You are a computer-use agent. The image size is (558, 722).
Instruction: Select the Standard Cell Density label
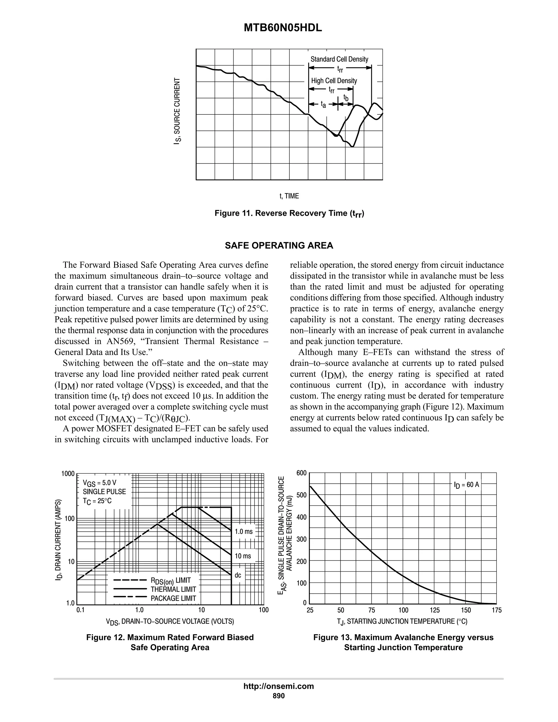(339, 59)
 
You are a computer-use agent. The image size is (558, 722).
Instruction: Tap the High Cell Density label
(334, 81)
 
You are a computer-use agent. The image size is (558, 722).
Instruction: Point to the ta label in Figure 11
(323, 105)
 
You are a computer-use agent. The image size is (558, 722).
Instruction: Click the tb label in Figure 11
(346, 98)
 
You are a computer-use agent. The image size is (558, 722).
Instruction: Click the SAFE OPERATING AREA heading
(279, 246)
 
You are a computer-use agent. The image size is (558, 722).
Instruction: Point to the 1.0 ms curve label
(244, 532)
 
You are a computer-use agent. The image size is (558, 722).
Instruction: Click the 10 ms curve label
(243, 556)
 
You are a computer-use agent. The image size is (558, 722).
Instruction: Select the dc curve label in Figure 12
(238, 575)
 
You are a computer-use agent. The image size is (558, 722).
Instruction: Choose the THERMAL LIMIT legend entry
(173, 589)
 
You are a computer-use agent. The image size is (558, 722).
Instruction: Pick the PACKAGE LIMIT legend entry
(173, 598)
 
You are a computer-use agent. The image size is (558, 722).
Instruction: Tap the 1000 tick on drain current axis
(68, 474)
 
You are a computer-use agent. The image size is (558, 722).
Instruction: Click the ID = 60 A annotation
(466, 485)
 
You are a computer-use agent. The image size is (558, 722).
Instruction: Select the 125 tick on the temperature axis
(434, 610)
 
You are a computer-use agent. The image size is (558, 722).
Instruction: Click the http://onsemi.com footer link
(278, 686)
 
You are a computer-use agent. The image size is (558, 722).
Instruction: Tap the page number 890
(278, 696)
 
